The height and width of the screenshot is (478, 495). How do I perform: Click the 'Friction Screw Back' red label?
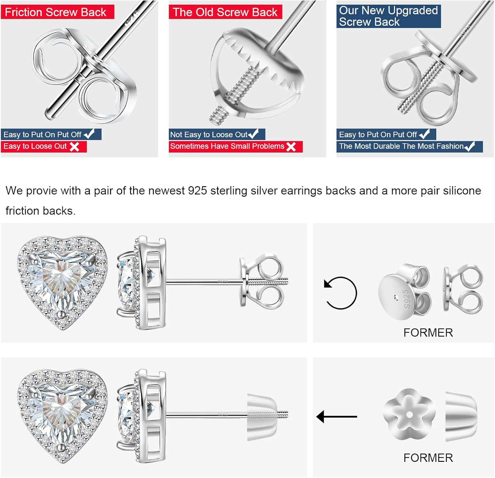pos(57,12)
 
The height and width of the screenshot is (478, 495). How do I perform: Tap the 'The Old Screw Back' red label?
pos(225,12)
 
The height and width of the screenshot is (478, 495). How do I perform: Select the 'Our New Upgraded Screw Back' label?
pos(388,16)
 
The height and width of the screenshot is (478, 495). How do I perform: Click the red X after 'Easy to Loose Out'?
pos(75,147)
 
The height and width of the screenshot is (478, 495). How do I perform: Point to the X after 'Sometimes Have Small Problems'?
pos(291,147)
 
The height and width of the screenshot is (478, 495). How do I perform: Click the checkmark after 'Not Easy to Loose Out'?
pos(253,134)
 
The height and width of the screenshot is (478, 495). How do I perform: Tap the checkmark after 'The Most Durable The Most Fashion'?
pos(470,146)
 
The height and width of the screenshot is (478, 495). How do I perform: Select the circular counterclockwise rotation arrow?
pos(340,293)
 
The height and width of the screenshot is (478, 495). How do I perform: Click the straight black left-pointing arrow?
pos(337,417)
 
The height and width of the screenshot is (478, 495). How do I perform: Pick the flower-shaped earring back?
pos(409,414)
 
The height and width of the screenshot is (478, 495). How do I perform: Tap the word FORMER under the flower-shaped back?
pos(428,458)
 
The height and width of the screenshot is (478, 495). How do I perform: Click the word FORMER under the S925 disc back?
pos(428,332)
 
